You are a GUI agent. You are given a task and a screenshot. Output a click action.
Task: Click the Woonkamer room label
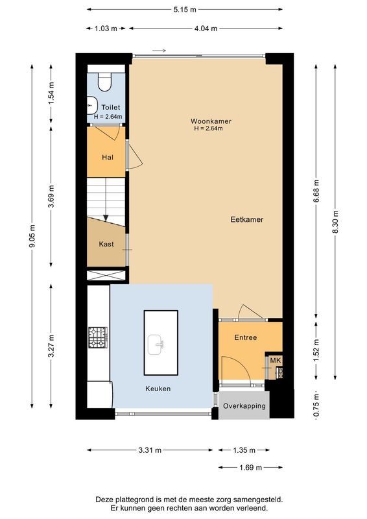click(211, 121)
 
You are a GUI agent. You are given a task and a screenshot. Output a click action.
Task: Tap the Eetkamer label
click(246, 220)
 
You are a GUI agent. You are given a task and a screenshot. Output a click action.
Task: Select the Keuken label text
click(158, 389)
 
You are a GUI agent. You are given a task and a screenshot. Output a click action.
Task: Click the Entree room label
click(246, 337)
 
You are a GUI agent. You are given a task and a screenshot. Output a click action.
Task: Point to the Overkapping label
click(244, 405)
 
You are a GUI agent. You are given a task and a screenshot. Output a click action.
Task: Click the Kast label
click(106, 244)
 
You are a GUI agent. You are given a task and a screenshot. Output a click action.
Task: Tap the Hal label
click(108, 158)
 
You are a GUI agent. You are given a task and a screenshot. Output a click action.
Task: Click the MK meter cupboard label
click(275, 360)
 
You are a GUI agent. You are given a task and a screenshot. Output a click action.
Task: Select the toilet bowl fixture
click(104, 80)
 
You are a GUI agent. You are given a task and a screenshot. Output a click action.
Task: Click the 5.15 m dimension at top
click(184, 10)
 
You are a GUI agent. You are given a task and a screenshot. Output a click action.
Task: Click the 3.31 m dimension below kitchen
click(150, 450)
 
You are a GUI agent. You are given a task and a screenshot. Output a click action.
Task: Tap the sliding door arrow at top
click(160, 50)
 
